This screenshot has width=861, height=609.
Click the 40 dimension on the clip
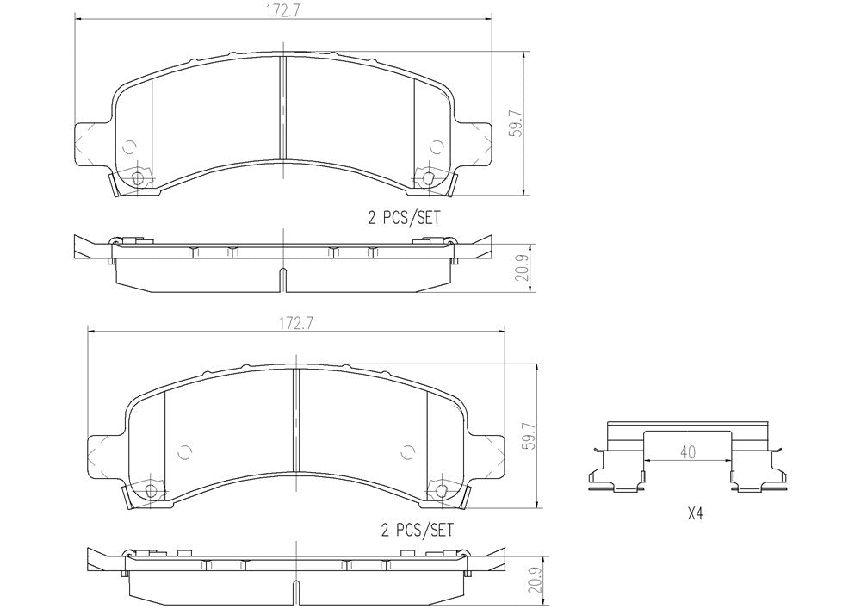coord(687,452)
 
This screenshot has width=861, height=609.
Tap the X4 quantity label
coord(695,514)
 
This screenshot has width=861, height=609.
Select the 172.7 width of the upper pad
coord(282,10)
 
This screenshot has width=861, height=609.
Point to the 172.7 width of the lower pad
coord(296,323)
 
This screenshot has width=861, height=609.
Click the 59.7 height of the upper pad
coord(515,125)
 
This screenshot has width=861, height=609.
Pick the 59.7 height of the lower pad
coord(529,436)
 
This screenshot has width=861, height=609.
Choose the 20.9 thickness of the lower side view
coord(537,580)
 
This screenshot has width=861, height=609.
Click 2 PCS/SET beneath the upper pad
coord(404,218)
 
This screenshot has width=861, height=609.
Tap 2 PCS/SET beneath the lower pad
coord(418,530)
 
